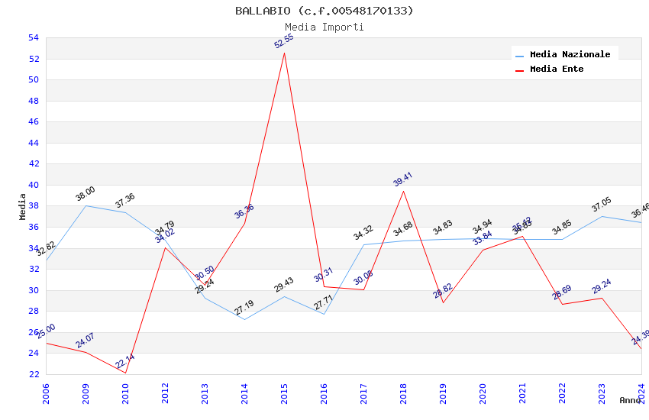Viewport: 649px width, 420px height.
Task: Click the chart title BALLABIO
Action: tap(324, 11)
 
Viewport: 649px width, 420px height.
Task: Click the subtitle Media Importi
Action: tap(324, 27)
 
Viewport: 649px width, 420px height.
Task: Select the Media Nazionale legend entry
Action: tap(570, 54)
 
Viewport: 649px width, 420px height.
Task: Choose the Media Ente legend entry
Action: tap(557, 69)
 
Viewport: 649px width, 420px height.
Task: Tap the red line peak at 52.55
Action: tap(284, 52)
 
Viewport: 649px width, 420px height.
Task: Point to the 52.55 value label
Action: tap(284, 41)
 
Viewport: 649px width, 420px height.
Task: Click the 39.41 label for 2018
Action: tap(402, 179)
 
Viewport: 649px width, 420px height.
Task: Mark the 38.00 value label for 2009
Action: tap(86, 194)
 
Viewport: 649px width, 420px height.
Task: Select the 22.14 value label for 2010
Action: tap(125, 362)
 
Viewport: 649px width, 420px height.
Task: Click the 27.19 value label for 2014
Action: tap(244, 309)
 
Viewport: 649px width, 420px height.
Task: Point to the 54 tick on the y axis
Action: tap(33, 37)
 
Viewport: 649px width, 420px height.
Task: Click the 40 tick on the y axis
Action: tap(33, 185)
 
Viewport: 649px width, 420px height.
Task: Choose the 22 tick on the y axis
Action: tap(33, 374)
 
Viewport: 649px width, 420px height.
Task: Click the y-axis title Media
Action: tap(23, 206)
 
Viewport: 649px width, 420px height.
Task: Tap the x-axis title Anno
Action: tap(630, 400)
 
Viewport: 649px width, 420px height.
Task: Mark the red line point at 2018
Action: tap(403, 191)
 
